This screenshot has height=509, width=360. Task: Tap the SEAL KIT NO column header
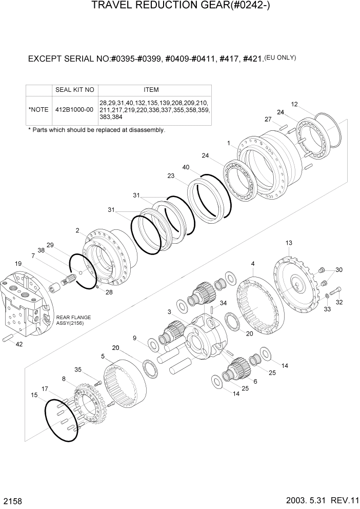[74, 90]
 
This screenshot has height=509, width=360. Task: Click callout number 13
[289, 243]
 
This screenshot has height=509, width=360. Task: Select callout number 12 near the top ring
[294, 104]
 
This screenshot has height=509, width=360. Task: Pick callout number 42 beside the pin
[19, 344]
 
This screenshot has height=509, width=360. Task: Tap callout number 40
[186, 167]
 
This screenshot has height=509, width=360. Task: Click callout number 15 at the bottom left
[34, 395]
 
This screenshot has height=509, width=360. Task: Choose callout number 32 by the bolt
[339, 303]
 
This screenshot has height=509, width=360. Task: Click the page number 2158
[11, 499]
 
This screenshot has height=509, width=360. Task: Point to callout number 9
[134, 338]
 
